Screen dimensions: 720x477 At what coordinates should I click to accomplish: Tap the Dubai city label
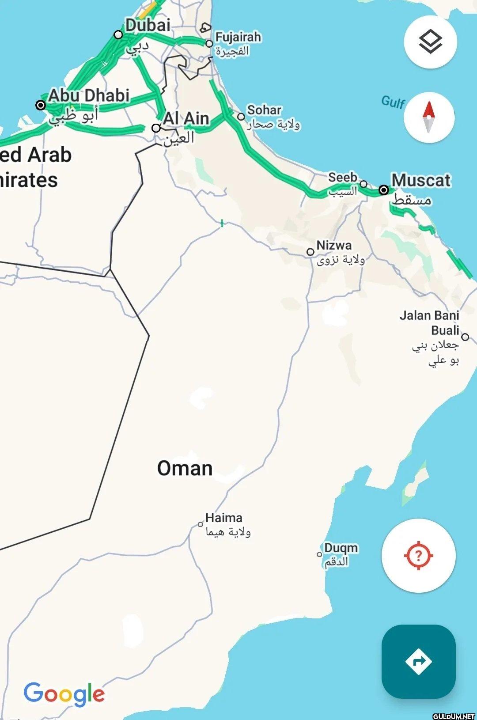(148, 25)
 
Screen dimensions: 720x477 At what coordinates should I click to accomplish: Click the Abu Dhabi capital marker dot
(41, 105)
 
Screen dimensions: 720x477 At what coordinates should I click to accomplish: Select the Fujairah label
(238, 37)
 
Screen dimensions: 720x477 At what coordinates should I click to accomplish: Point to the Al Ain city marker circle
(156, 128)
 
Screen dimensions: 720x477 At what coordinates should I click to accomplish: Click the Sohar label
(264, 110)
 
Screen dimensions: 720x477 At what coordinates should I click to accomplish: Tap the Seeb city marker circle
(363, 184)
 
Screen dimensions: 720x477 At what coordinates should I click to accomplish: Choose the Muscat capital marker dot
(384, 190)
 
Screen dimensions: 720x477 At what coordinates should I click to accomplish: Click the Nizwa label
(334, 245)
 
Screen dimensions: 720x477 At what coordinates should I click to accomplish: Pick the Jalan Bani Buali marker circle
(465, 337)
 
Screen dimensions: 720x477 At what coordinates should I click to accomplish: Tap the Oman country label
(185, 468)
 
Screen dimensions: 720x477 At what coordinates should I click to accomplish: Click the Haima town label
(224, 518)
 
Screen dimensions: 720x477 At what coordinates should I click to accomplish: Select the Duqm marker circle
(319, 554)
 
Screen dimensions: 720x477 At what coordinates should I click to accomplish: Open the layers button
(430, 42)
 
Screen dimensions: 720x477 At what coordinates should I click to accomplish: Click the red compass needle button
(429, 117)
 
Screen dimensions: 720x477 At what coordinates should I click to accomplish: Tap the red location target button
(418, 555)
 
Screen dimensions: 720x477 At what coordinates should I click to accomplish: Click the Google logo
(64, 694)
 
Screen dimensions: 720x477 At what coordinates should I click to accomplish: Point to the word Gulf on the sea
(393, 102)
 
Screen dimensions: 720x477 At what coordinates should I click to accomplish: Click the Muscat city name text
(421, 180)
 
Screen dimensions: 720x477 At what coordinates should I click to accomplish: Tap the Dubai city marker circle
(118, 34)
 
